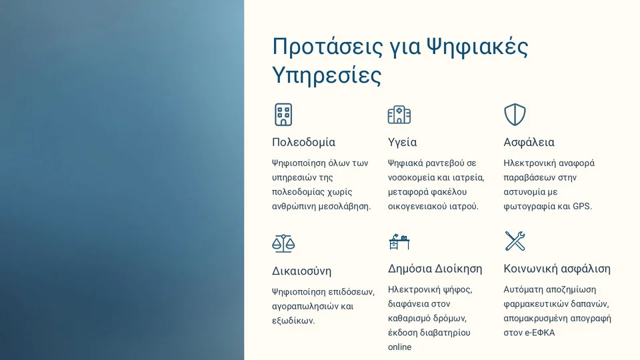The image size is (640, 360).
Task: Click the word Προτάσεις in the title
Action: [x=328, y=47]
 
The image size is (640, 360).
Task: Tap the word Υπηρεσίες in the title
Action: [x=327, y=75]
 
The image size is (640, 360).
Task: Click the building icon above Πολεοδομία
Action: [x=283, y=115]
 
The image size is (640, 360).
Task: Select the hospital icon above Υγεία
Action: [x=399, y=115]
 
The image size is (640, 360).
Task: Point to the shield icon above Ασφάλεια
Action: [x=515, y=115]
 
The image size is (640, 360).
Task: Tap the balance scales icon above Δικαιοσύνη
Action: [x=283, y=244]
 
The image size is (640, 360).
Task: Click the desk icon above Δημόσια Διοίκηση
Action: [x=399, y=241]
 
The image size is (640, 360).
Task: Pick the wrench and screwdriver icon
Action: [x=515, y=241]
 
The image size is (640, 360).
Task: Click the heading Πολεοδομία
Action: [x=304, y=142]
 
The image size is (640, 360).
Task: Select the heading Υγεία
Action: [x=403, y=143]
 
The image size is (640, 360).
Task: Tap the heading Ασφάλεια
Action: [x=529, y=142]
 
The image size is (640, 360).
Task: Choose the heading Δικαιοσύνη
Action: [x=301, y=271]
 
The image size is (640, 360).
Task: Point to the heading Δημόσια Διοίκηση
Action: [x=435, y=269]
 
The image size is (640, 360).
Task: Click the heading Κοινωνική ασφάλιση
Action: [x=557, y=269]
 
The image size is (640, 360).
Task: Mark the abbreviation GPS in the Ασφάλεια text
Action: [x=582, y=206]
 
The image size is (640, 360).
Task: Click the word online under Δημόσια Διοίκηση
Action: [x=399, y=347]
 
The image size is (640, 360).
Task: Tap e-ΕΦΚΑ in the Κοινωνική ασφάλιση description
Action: [x=540, y=333]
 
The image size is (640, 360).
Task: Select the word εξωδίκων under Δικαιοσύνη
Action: [x=293, y=321]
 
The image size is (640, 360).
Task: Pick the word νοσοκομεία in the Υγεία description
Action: [x=411, y=177]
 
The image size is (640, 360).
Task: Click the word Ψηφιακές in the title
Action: [x=477, y=47]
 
